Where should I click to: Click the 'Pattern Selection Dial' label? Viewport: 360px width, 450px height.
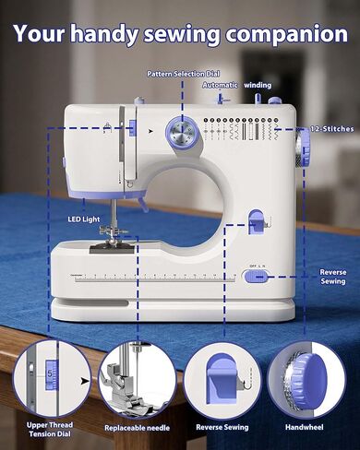pos(183,72)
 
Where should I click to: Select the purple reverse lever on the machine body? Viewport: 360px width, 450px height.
pos(258,221)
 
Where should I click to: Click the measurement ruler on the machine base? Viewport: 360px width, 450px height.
pos(148,278)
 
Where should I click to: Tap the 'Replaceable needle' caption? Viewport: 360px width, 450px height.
pos(136,428)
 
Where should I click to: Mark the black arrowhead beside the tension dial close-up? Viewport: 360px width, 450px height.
pos(85,378)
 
